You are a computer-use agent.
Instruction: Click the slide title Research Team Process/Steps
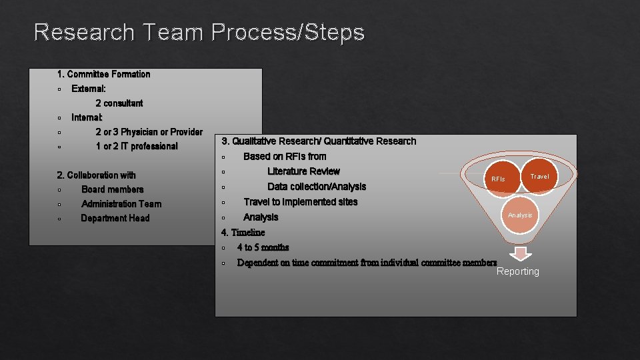point(199,32)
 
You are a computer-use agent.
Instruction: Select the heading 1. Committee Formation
point(104,74)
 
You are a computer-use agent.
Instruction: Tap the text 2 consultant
point(119,103)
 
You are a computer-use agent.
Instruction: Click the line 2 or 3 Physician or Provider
point(149,132)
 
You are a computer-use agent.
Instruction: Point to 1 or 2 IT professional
point(137,147)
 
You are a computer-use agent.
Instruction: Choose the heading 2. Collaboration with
point(97,175)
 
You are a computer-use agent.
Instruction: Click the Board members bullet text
point(112,189)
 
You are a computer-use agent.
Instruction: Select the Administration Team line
point(121,204)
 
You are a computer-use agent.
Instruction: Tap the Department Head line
point(115,219)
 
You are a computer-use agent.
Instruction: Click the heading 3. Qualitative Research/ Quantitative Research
point(319,141)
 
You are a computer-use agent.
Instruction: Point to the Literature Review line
point(303,171)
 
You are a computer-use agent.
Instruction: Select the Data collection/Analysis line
point(317,187)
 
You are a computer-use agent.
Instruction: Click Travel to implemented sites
point(301,202)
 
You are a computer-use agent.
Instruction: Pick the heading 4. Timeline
point(243,233)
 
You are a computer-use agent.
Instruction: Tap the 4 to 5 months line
point(263,247)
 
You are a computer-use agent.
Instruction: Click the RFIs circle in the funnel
point(499,179)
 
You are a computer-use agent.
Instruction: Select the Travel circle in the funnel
point(539,176)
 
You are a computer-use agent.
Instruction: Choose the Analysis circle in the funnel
point(520,215)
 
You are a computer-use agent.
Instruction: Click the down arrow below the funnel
point(521,254)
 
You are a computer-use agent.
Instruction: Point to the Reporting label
point(518,271)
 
